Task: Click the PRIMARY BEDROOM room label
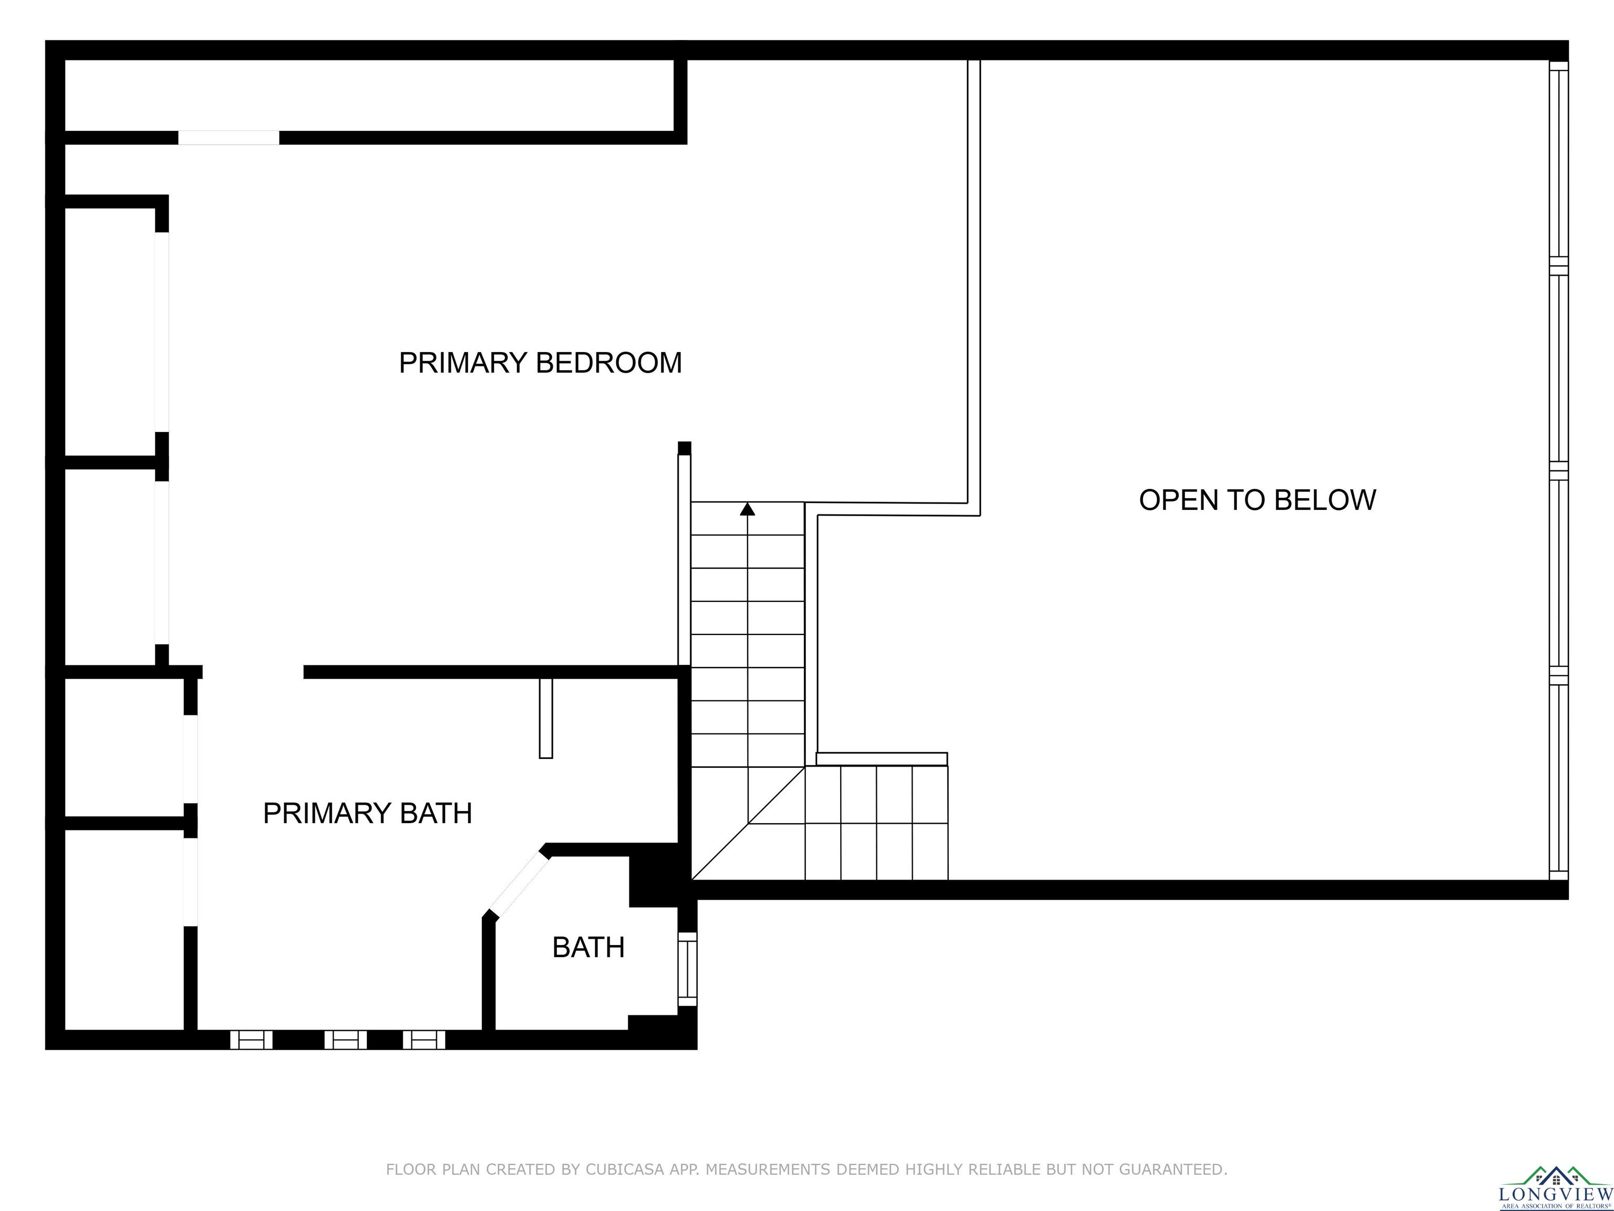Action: coord(540,363)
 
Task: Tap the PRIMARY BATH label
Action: coord(368,813)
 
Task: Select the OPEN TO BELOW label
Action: coord(1257,500)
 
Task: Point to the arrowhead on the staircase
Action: coord(747,509)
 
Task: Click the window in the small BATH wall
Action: coord(687,969)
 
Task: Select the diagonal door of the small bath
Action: coord(519,885)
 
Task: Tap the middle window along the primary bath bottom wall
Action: coord(345,1040)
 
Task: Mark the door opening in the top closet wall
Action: coord(229,138)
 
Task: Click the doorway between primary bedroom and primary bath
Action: coord(253,672)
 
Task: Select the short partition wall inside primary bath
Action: coord(546,719)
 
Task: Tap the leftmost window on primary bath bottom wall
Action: coord(252,1040)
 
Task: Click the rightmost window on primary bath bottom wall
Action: coord(424,1040)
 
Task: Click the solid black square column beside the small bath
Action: coord(654,881)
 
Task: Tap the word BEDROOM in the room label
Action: coord(609,363)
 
